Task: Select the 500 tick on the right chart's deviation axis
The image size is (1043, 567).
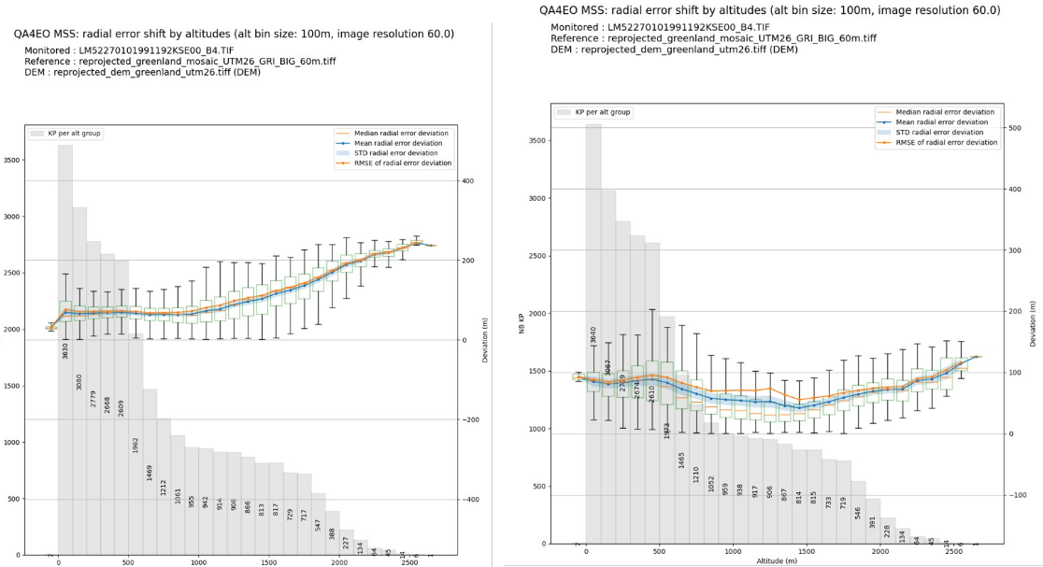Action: [x=1015, y=128]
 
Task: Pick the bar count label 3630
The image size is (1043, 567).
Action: [x=65, y=351]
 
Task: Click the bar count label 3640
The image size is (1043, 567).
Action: [x=593, y=335]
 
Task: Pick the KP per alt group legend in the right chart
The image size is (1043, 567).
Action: [x=594, y=112]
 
